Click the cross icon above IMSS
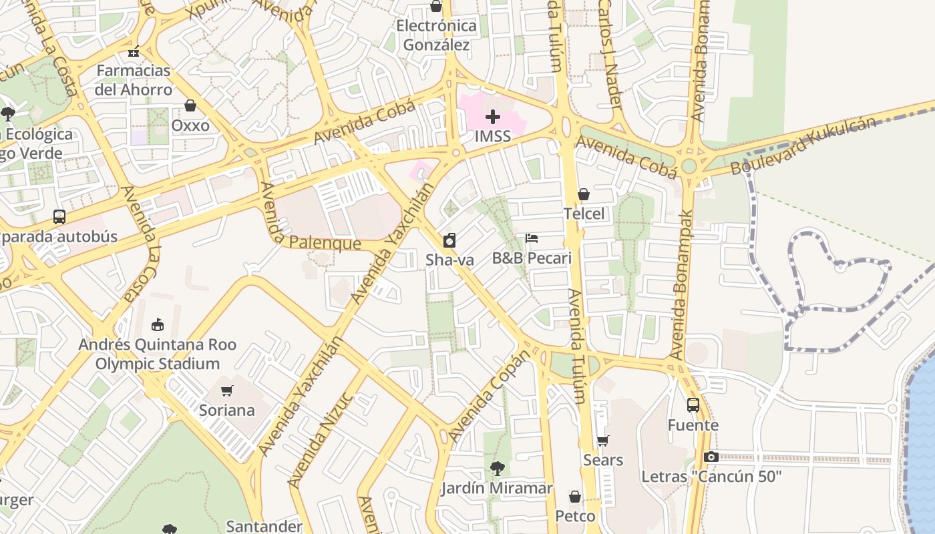[x=493, y=117]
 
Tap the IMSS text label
[x=493, y=136]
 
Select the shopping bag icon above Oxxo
[x=190, y=106]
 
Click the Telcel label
[x=584, y=214]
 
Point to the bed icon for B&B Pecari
[x=532, y=238]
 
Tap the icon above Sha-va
[x=449, y=240]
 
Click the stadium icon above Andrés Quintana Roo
[x=158, y=325]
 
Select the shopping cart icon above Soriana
[x=227, y=390]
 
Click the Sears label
[x=603, y=460]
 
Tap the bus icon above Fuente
[x=693, y=405]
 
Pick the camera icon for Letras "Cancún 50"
[x=711, y=457]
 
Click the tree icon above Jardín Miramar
[x=497, y=469]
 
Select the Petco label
[x=575, y=517]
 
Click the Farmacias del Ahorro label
[x=134, y=80]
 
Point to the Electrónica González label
[x=437, y=35]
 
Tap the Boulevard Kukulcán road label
[x=803, y=146]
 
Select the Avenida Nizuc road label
[x=320, y=441]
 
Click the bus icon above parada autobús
[x=59, y=217]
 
